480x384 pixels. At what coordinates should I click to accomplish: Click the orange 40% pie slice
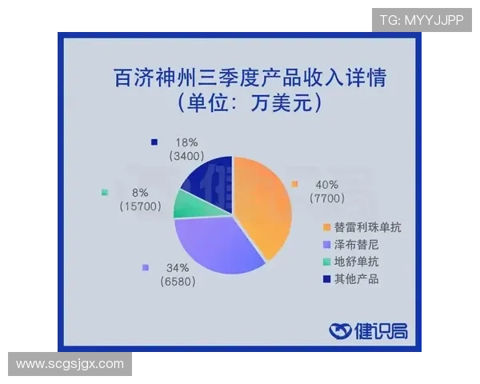(264, 204)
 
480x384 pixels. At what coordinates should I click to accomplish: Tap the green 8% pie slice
(190, 204)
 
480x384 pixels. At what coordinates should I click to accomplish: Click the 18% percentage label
(187, 142)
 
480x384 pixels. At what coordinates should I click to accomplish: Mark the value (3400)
(187, 156)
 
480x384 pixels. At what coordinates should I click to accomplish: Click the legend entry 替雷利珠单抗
(367, 228)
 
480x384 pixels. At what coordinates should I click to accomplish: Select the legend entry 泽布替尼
(357, 245)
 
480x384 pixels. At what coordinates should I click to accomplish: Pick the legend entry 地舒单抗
(357, 262)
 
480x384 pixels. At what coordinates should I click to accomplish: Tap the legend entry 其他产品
(357, 278)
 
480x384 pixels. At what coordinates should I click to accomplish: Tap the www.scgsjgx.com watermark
(70, 365)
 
